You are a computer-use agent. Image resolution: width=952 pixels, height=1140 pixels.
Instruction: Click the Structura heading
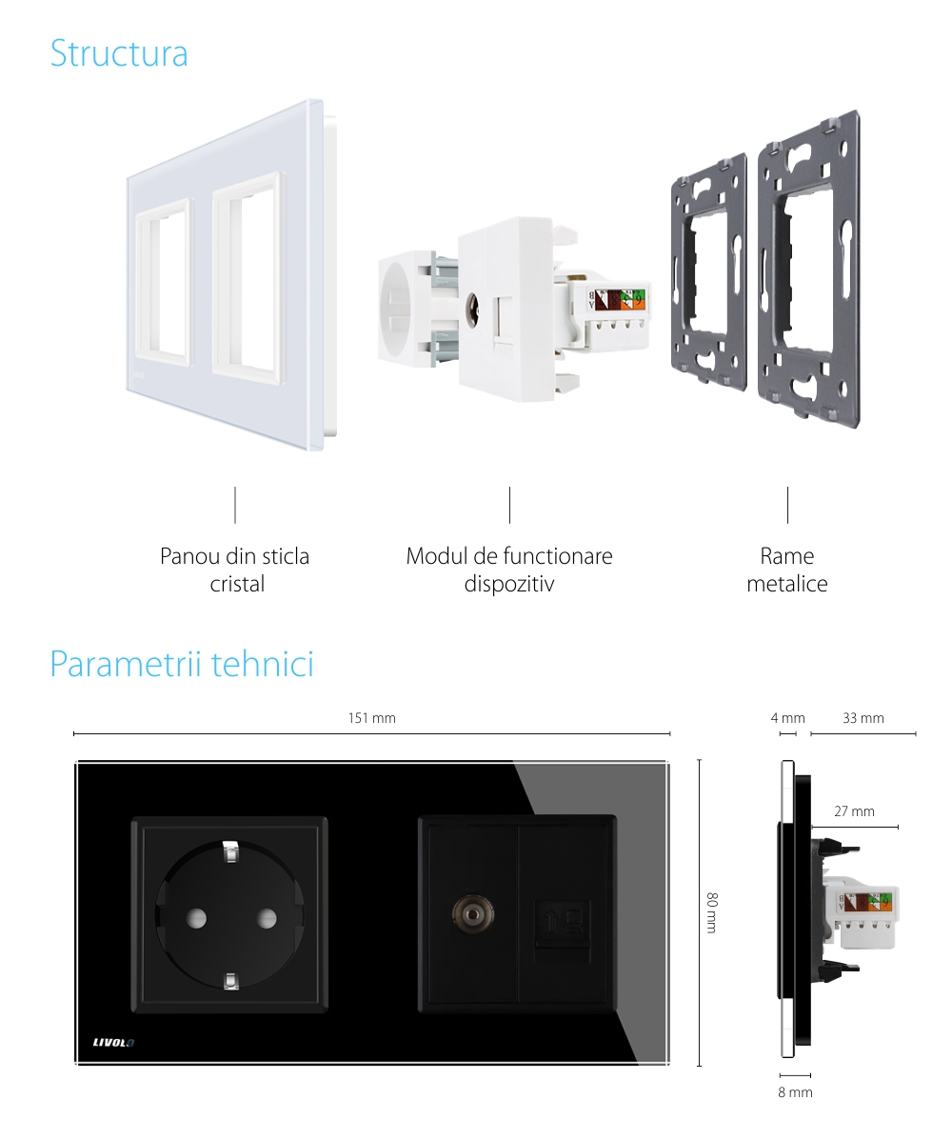(119, 53)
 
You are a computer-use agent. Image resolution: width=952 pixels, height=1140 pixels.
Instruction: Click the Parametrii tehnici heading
(181, 664)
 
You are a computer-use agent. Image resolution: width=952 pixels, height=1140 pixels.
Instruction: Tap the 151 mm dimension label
(371, 718)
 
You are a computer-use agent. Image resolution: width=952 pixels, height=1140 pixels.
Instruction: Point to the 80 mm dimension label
(711, 911)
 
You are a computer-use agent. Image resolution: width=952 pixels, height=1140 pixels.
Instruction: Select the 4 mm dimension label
(787, 718)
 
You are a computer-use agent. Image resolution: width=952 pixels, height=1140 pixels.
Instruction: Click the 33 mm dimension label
(863, 718)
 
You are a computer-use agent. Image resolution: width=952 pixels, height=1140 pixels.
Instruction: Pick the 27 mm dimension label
(854, 811)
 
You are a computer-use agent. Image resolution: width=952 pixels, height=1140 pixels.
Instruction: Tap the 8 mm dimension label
(795, 1092)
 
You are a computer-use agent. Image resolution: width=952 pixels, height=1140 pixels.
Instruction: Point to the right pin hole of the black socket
(266, 918)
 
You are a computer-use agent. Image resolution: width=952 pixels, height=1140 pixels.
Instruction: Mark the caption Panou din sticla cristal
(235, 570)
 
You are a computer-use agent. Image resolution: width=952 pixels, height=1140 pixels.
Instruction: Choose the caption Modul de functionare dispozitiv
(509, 570)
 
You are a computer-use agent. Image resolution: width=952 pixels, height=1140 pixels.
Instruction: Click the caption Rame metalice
(787, 570)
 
